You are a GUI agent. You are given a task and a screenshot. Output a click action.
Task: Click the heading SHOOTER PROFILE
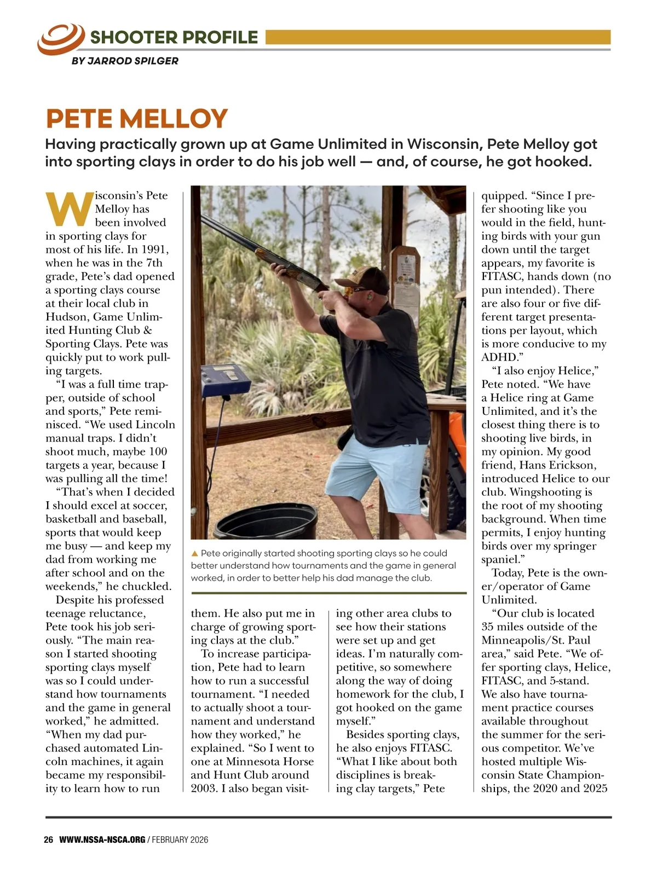(x=174, y=37)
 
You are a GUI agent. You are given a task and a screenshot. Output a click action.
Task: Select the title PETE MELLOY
(x=136, y=119)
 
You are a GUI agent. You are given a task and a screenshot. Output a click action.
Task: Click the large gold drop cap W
(x=68, y=209)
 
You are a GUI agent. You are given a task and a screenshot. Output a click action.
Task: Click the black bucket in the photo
(x=266, y=519)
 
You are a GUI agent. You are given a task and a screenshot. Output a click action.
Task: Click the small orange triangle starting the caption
(x=194, y=554)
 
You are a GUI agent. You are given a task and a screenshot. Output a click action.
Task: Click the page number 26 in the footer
(x=48, y=840)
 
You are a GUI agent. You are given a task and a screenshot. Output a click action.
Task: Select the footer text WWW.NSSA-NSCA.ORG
(x=102, y=840)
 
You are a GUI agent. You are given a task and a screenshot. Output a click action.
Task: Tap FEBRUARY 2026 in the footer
(x=180, y=840)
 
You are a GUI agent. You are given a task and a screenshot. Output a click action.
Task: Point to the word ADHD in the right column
(x=499, y=357)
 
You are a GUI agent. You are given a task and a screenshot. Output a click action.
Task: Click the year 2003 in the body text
(x=205, y=789)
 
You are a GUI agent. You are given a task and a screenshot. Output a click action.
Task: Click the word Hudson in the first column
(x=67, y=317)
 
